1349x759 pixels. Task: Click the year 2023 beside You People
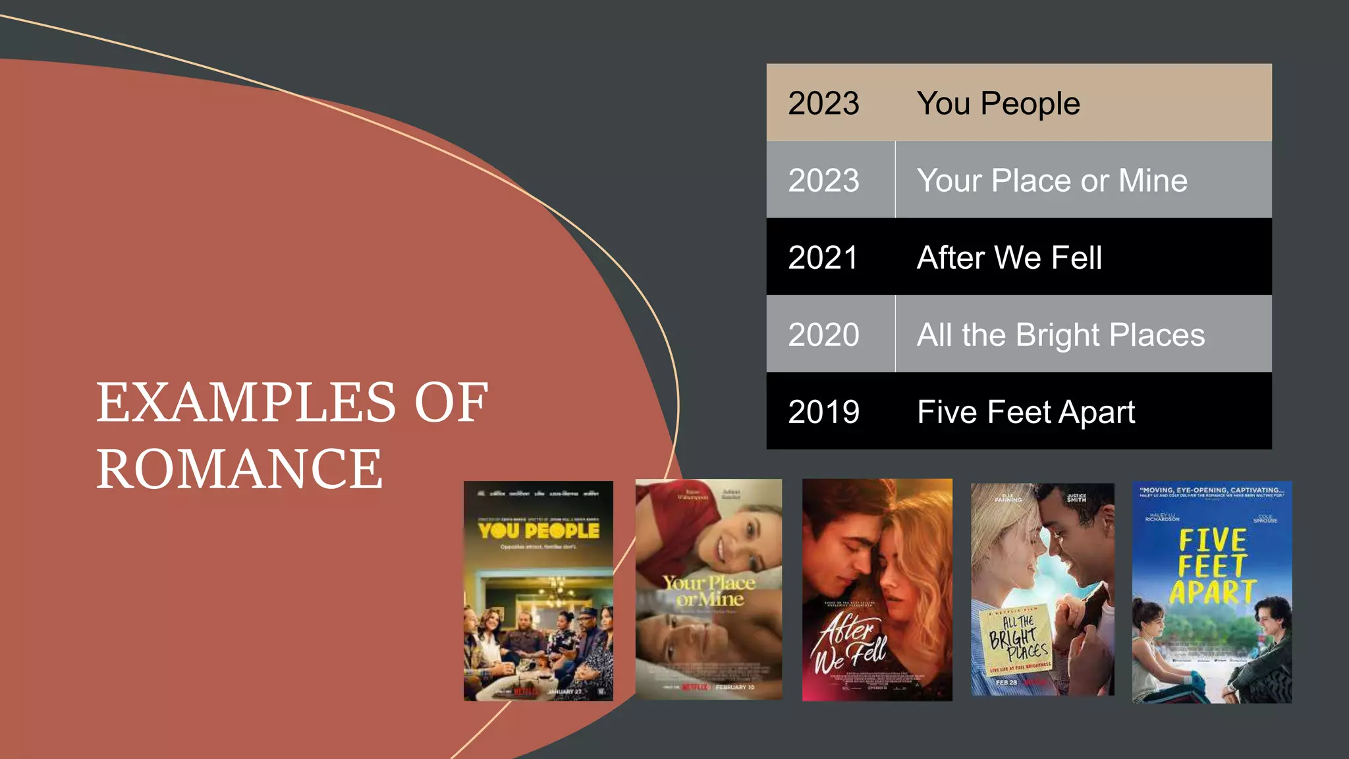click(x=823, y=103)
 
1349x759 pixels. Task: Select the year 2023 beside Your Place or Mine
click(x=823, y=181)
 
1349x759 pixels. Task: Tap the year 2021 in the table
click(x=823, y=258)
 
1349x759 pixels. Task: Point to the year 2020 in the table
click(x=823, y=335)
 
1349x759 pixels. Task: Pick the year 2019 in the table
click(x=823, y=412)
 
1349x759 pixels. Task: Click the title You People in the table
click(x=998, y=103)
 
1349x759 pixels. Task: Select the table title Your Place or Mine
click(x=1052, y=181)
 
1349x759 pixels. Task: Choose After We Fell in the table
click(x=1009, y=258)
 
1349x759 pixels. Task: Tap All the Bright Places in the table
click(x=1060, y=335)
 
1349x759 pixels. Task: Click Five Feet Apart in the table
click(x=1026, y=412)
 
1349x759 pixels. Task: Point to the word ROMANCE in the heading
click(x=239, y=468)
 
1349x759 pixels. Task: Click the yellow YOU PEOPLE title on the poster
click(x=539, y=530)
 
